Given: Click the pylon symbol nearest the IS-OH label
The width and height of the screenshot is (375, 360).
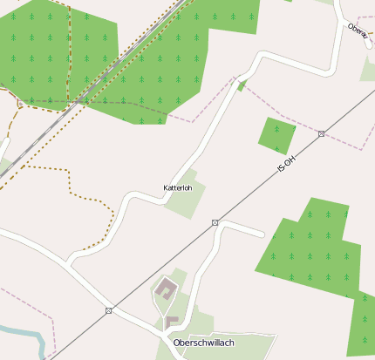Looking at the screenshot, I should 322,133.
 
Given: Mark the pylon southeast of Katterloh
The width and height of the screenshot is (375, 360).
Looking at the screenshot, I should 215,223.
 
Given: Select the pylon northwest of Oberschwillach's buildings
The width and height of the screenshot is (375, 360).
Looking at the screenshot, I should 109,310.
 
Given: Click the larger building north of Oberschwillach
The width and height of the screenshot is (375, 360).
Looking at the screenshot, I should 165,289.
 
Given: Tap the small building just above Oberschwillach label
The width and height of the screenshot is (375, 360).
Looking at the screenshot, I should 172,323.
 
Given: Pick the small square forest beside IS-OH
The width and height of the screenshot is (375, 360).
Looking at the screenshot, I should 276,134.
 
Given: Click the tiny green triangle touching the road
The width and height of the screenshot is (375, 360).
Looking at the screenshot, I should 242,85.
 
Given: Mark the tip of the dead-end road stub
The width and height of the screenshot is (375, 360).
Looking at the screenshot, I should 262,234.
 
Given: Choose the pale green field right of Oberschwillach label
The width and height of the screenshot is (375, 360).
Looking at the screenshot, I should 253,347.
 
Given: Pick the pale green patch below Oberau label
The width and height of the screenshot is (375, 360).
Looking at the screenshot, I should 368,69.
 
